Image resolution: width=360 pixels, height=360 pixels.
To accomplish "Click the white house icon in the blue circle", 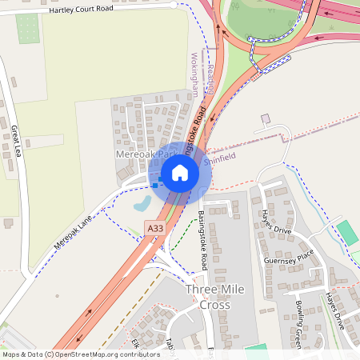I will click(180, 171).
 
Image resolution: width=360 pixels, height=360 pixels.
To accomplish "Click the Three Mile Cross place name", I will click(208, 297).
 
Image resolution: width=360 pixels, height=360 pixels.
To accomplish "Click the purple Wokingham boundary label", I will click(194, 74).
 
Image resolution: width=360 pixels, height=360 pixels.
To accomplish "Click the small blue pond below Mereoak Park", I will click(142, 204).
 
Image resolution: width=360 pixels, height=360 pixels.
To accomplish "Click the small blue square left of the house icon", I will click(155, 184).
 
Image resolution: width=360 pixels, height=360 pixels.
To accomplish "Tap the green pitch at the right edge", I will click(347, 233).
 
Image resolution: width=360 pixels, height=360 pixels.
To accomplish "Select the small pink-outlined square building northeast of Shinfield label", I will click(266, 119).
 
